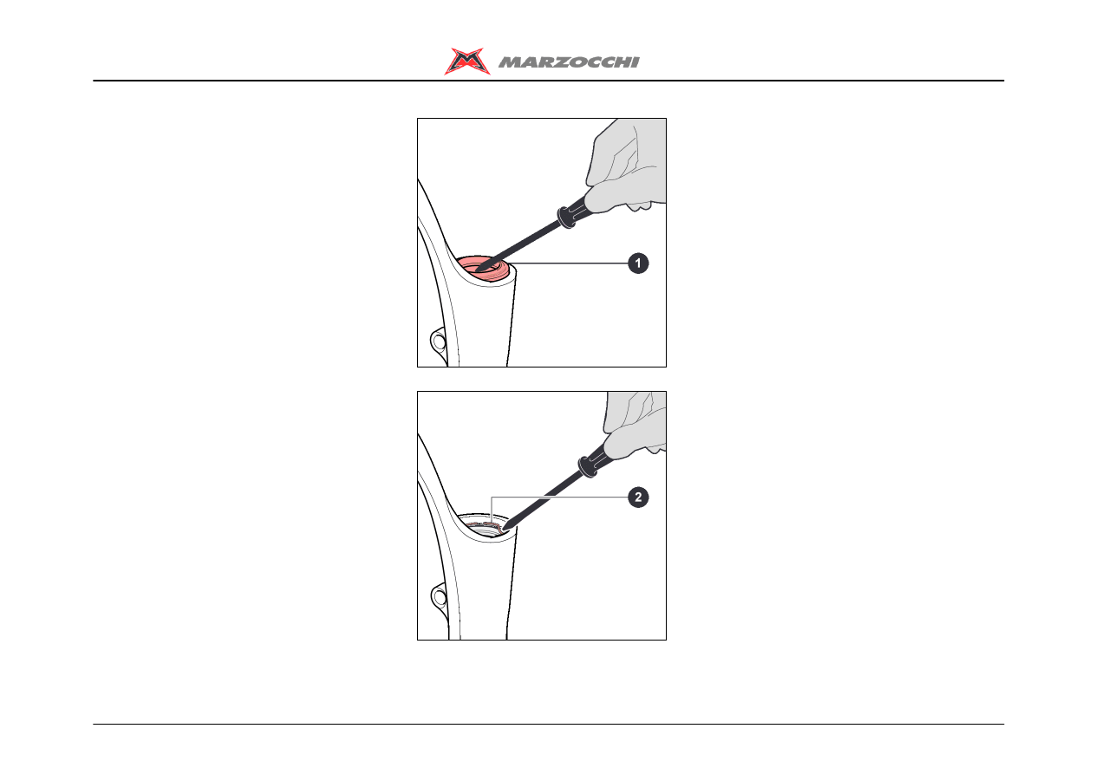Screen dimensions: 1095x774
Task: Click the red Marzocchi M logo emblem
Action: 466,62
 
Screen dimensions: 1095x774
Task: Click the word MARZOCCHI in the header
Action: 569,62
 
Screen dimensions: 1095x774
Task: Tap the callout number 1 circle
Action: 638,263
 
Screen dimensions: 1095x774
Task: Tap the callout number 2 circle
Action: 638,498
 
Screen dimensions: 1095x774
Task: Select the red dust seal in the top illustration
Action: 483,269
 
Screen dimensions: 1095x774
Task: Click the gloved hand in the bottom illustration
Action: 635,425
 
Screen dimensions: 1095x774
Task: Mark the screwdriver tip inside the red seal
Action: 478,270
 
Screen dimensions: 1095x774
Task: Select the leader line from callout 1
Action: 569,263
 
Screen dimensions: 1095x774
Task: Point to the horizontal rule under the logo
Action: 549,81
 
